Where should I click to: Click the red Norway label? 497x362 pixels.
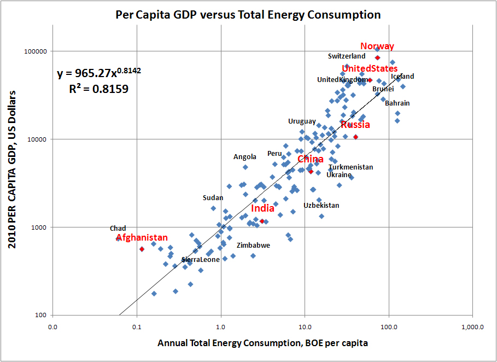pyautogui.click(x=377, y=46)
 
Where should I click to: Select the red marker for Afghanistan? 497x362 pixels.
pyautogui.click(x=142, y=249)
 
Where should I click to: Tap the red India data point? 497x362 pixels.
pyautogui.click(x=262, y=221)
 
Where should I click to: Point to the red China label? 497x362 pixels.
pyautogui.click(x=311, y=159)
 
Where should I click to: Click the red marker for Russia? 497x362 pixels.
pyautogui.click(x=355, y=137)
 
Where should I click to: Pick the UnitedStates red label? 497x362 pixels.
pyautogui.click(x=370, y=68)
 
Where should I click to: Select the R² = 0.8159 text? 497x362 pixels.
pyautogui.click(x=99, y=89)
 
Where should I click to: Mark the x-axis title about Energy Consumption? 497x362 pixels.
pyautogui.click(x=262, y=343)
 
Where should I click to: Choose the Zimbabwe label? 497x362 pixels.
pyautogui.click(x=253, y=246)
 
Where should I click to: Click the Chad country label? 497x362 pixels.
pyautogui.click(x=118, y=229)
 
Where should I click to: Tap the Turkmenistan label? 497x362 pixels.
pyautogui.click(x=350, y=167)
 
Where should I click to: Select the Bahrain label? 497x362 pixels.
pyautogui.click(x=397, y=103)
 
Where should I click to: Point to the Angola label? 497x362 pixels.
pyautogui.click(x=245, y=157)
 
